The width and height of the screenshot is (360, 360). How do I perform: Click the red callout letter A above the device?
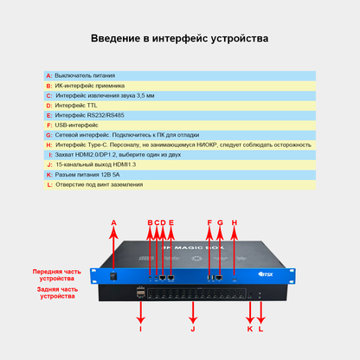point(114,222)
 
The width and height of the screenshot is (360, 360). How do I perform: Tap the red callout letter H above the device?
point(234,222)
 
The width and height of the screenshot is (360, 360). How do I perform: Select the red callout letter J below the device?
point(194,329)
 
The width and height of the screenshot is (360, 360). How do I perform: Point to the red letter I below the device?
point(140,329)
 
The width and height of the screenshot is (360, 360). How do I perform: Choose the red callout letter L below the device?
point(261,329)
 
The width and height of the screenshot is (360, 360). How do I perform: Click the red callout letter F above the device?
point(209,222)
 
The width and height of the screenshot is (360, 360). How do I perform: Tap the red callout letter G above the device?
point(220,222)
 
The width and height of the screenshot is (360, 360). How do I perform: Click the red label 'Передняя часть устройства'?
point(57,275)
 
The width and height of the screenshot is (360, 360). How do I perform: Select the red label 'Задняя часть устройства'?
point(57,292)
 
